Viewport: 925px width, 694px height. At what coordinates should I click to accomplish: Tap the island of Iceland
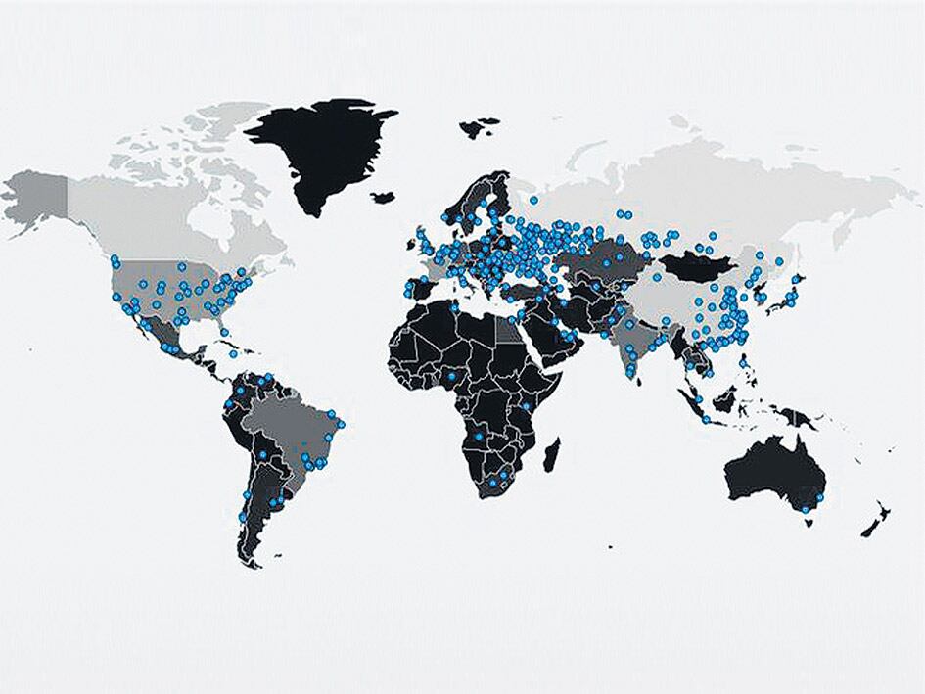[x=383, y=198]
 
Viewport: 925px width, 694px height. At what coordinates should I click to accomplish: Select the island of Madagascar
[x=551, y=454]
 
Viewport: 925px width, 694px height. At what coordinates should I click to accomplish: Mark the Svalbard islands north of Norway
[x=481, y=126]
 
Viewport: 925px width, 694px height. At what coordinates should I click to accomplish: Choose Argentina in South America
[x=260, y=509]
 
